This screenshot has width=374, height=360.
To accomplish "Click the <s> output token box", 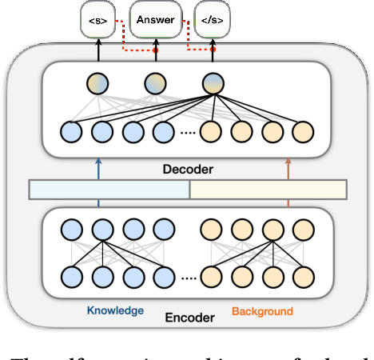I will pos(99,18).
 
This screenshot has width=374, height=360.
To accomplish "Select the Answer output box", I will pos(155,18).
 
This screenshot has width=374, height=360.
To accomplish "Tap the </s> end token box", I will pos(212,18).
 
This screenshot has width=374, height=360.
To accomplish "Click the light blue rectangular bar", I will pos(109,190).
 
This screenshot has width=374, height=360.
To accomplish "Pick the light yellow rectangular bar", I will pos(268,190).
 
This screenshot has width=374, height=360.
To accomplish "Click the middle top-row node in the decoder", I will pos(155,83).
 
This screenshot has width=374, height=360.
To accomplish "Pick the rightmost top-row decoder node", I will pos(213,83).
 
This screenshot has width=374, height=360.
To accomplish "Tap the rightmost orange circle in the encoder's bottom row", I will pos(302,277).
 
